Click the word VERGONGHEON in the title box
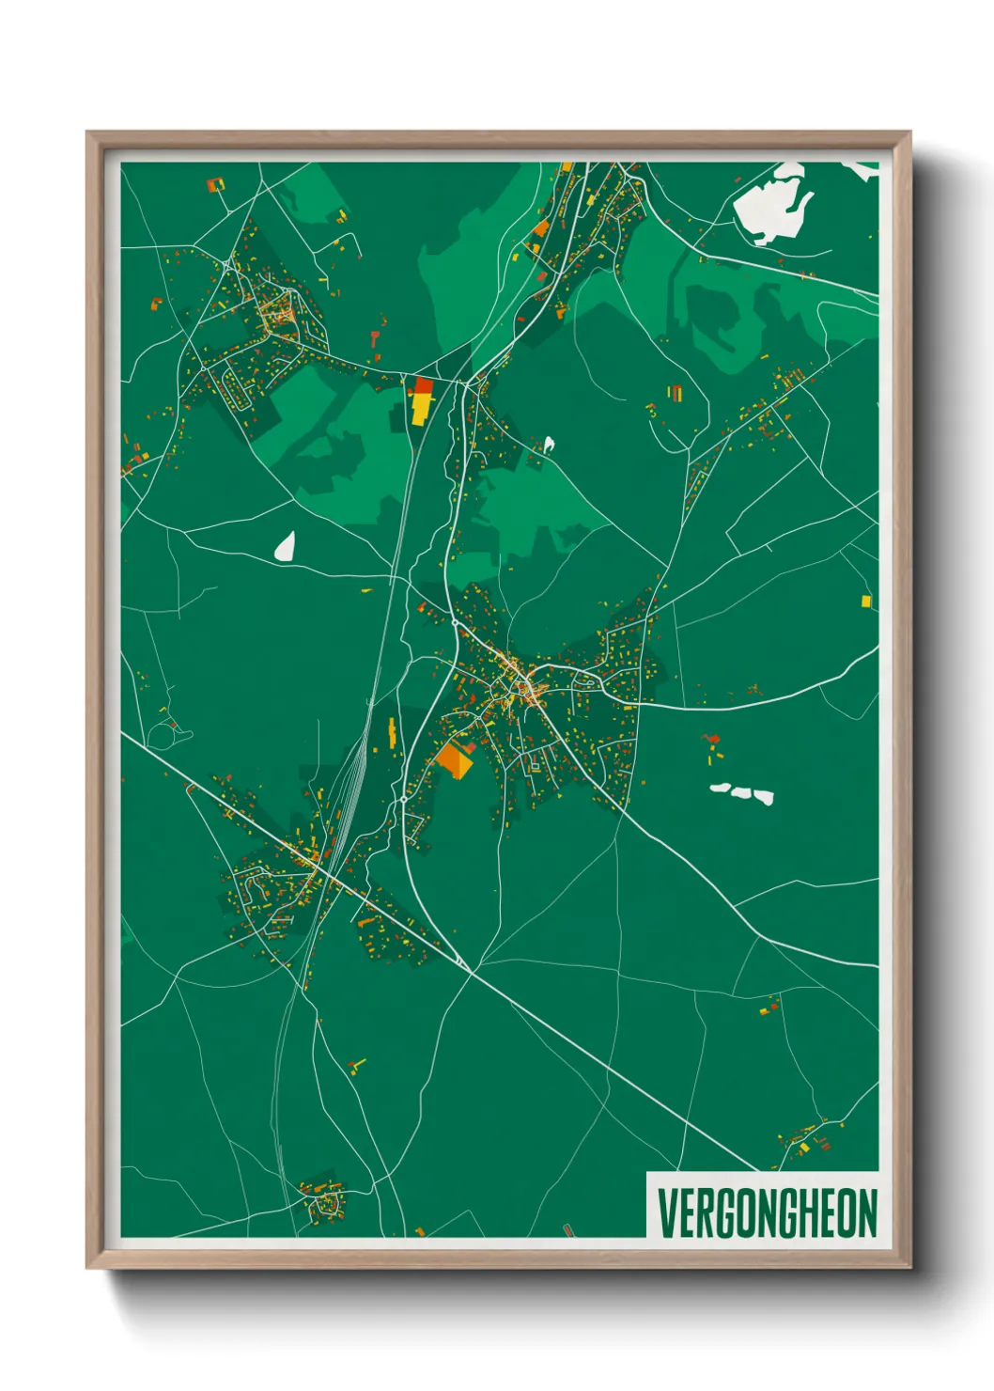(767, 1213)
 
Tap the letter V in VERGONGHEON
(665, 1213)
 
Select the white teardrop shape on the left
(285, 546)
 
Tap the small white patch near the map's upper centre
(549, 444)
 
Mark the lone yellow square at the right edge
(865, 601)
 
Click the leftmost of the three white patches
(720, 788)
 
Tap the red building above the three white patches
(711, 739)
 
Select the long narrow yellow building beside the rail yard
(392, 733)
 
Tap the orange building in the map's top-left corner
(214, 184)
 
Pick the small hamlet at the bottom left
(322, 1198)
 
